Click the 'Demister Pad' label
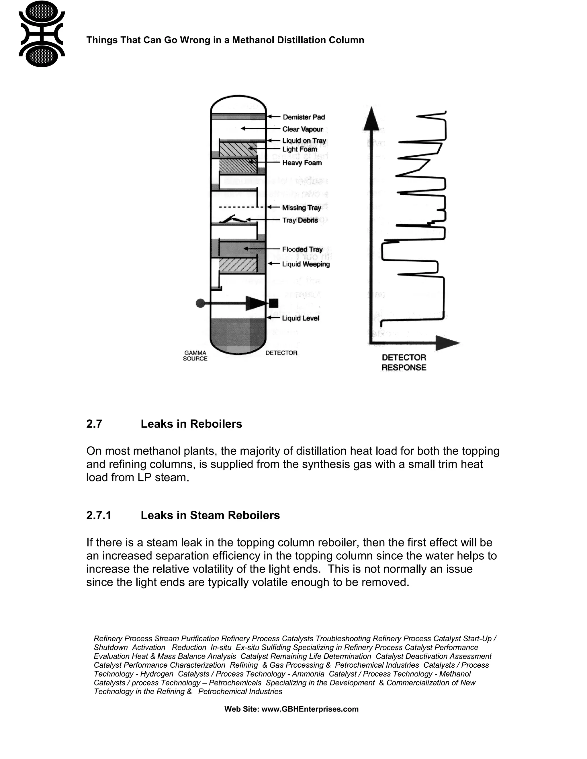point(303,117)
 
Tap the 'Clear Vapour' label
point(302,129)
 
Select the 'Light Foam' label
point(300,149)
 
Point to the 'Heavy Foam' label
point(302,163)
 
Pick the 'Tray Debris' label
point(300,220)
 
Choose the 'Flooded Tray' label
point(302,249)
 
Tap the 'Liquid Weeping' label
point(306,264)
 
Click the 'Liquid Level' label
point(300,318)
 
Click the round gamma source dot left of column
point(200,303)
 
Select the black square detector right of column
point(274,303)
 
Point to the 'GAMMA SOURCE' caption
point(195,355)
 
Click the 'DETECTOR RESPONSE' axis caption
point(404,363)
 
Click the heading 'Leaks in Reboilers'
point(191,424)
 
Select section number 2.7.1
point(99,515)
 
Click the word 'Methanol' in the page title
point(253,40)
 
